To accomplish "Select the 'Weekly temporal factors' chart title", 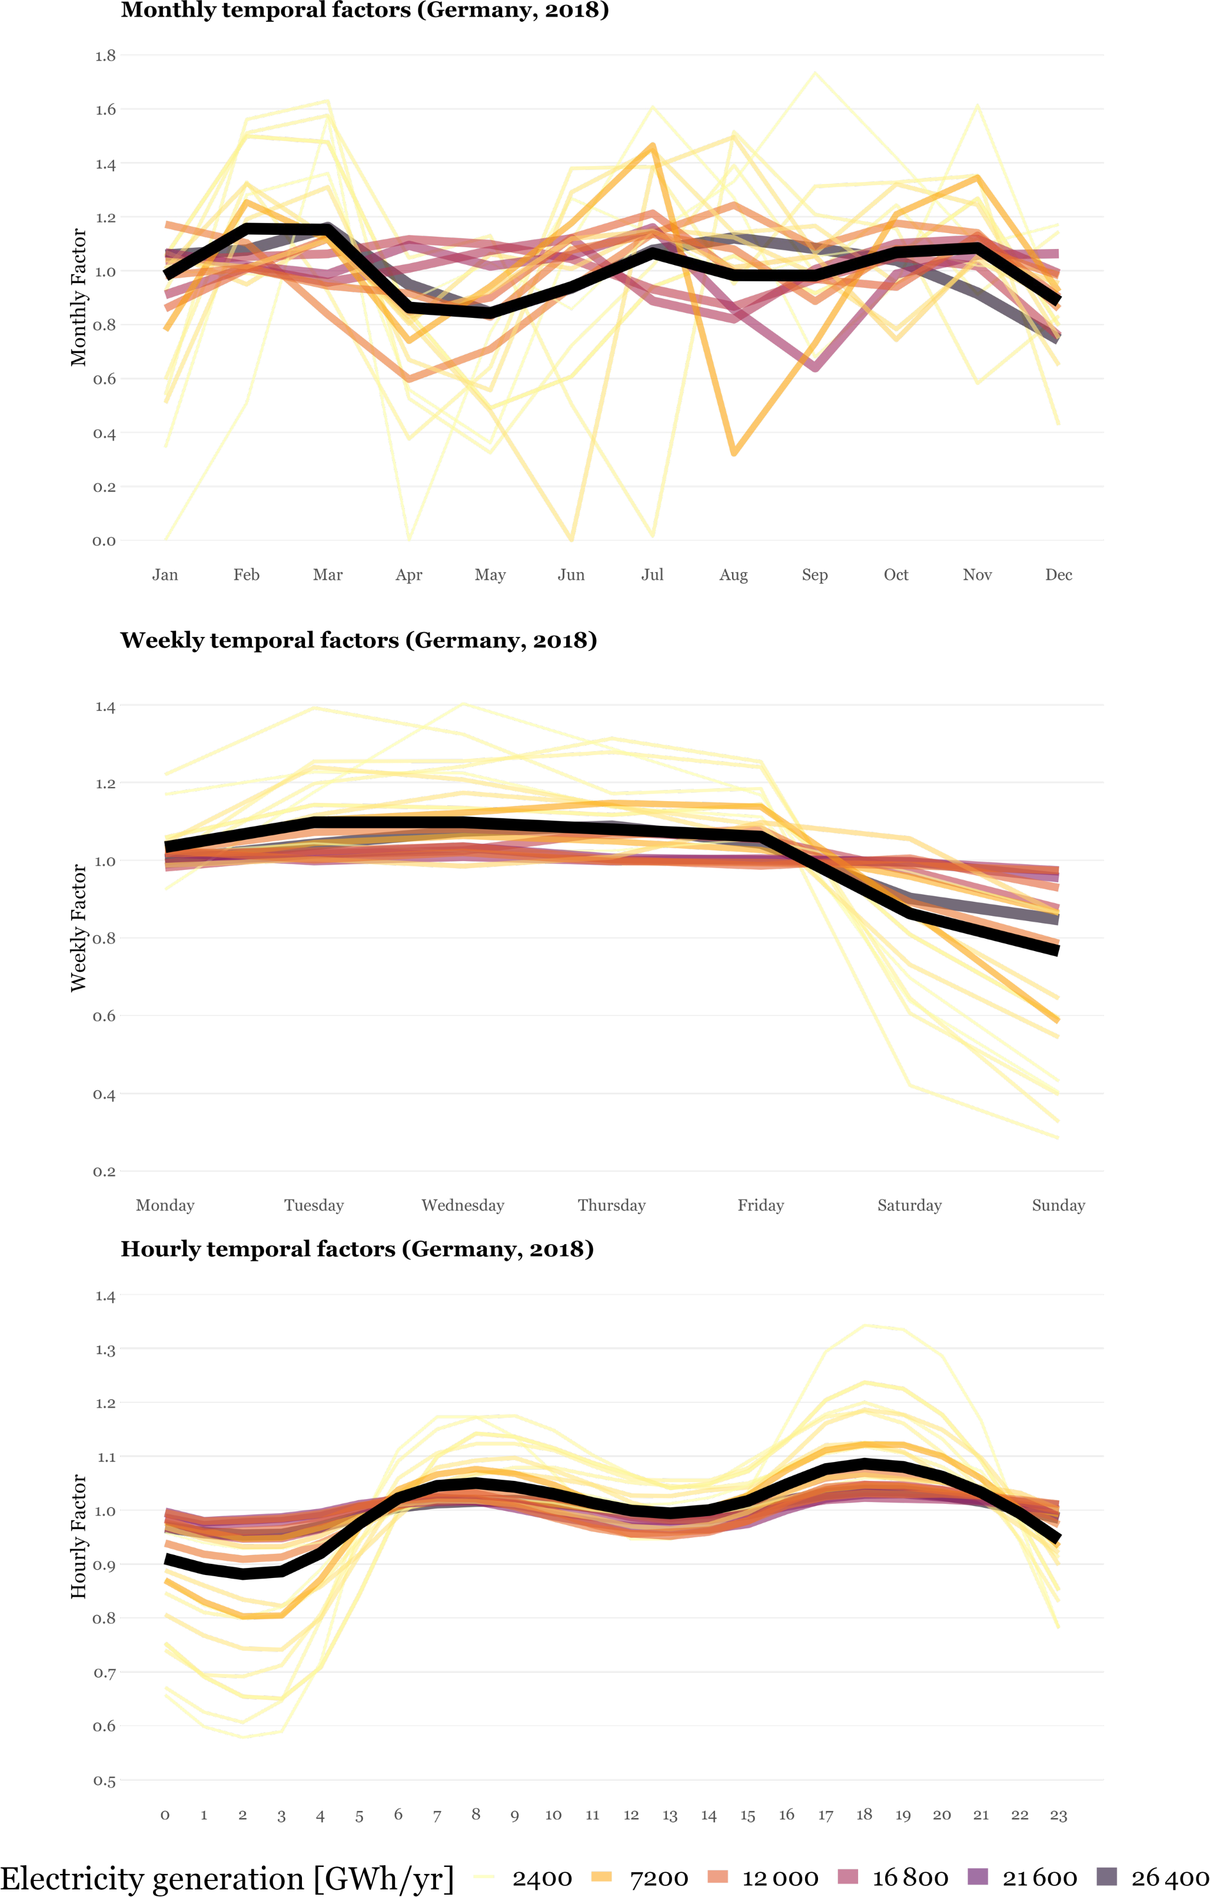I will click(x=358, y=640).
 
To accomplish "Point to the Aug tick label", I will click(x=733, y=574).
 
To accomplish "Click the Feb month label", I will click(x=247, y=574).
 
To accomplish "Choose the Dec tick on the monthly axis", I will click(x=1058, y=574).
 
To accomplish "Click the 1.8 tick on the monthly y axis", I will click(x=105, y=56).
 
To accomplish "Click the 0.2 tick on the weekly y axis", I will click(x=105, y=1171).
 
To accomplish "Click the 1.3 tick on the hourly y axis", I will click(x=105, y=1350).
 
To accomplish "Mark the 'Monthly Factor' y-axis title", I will click(x=78, y=297).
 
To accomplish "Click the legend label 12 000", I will click(x=780, y=1878).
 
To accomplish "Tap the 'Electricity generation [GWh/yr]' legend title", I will click(x=227, y=1878).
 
